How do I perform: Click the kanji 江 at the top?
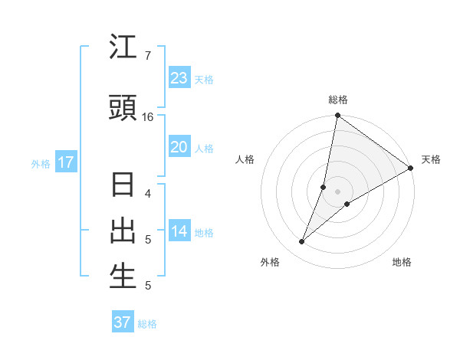point(123,48)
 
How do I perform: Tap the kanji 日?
point(123,186)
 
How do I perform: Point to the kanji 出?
point(123,231)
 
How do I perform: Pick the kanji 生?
point(123,277)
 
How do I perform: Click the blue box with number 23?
point(179,78)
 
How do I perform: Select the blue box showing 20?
point(179,147)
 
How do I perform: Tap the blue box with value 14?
point(179,231)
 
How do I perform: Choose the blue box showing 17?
point(65,162)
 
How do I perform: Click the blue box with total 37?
point(122,322)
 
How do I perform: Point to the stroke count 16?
point(148,117)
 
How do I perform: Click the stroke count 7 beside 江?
point(148,56)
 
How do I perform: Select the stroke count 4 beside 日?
point(148,193)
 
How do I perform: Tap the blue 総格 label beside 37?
point(147,324)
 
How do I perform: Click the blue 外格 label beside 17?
point(41,164)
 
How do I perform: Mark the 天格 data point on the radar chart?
point(411,169)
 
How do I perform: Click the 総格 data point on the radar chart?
point(337,116)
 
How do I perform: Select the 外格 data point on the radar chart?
point(301,242)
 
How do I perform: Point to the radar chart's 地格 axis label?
point(402,262)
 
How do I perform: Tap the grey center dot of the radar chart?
point(337,191)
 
